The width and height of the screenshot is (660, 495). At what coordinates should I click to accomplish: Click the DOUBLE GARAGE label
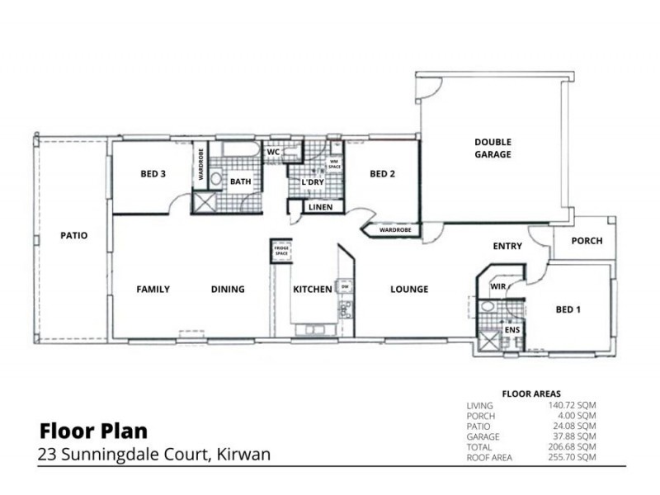pyautogui.click(x=493, y=148)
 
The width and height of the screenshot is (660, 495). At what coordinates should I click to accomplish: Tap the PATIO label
pyautogui.click(x=73, y=235)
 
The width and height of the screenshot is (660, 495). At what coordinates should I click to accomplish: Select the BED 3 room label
pyautogui.click(x=153, y=174)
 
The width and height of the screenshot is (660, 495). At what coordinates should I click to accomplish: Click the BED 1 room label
pyautogui.click(x=568, y=309)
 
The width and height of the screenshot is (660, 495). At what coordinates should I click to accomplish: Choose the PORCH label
pyautogui.click(x=587, y=241)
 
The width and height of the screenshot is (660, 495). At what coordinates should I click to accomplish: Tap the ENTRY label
pyautogui.click(x=507, y=246)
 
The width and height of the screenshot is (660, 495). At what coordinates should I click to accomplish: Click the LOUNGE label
pyautogui.click(x=409, y=290)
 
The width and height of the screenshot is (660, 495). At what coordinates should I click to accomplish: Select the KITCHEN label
pyautogui.click(x=313, y=290)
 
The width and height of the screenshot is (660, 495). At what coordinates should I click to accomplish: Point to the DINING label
pyautogui.click(x=228, y=290)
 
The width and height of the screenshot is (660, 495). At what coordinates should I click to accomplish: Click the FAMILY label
pyautogui.click(x=153, y=290)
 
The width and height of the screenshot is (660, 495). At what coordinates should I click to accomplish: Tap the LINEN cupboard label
pyautogui.click(x=320, y=207)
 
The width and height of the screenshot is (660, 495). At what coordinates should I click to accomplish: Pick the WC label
pyautogui.click(x=273, y=153)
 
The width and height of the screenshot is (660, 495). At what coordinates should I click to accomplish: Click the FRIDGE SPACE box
pyautogui.click(x=281, y=251)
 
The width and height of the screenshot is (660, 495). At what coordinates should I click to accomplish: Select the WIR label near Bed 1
pyautogui.click(x=497, y=285)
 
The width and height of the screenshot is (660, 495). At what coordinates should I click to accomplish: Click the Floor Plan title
pyautogui.click(x=93, y=431)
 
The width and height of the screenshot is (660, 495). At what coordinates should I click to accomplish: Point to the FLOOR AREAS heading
pyautogui.click(x=530, y=394)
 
